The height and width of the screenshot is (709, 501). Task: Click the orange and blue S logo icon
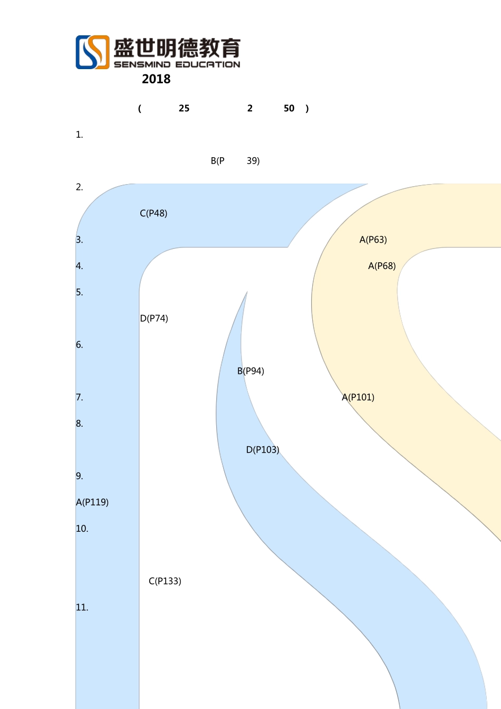pos(92,52)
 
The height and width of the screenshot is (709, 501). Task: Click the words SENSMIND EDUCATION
pos(177,64)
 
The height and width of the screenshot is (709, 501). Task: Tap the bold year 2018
pos(156,79)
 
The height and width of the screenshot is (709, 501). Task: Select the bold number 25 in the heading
pos(184,108)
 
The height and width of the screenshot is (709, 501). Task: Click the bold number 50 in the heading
pos(289,108)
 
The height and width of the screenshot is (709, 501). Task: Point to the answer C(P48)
pos(153,213)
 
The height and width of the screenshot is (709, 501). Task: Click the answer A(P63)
pos(373,239)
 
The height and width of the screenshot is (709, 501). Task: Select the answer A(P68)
pos(382,266)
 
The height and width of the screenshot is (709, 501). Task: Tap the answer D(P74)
pos(154,319)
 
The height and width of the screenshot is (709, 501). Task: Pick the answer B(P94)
pos(250,371)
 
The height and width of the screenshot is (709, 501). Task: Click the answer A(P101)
pos(358,397)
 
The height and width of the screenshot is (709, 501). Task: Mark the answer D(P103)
pos(263,450)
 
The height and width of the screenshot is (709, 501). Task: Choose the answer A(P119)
pos(92,502)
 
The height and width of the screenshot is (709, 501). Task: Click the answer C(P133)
pos(165,581)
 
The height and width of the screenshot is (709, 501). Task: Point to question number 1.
pos(80,135)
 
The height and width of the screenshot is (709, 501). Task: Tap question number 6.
pos(80,344)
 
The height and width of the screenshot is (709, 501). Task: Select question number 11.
pos(82,607)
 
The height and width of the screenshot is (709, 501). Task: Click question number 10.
pos(82,529)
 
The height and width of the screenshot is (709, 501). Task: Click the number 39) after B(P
pos(253,161)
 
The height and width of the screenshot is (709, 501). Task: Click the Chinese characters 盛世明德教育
pos(177,48)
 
